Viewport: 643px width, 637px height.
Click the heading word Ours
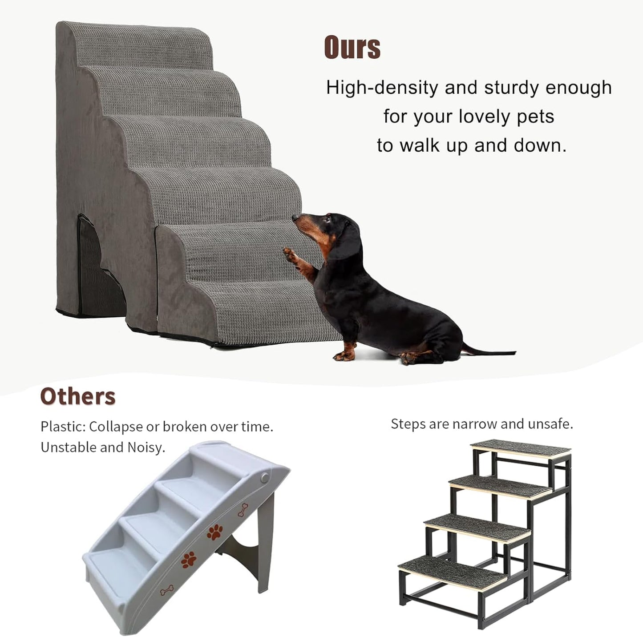click(x=352, y=47)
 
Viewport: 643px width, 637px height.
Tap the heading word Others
click(x=78, y=396)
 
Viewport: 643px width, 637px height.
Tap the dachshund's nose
click(x=295, y=218)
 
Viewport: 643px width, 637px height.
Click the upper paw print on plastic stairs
click(x=215, y=532)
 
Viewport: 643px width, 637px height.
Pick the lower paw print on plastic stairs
click(x=188, y=560)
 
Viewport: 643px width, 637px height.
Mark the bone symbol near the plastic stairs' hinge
click(x=243, y=510)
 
